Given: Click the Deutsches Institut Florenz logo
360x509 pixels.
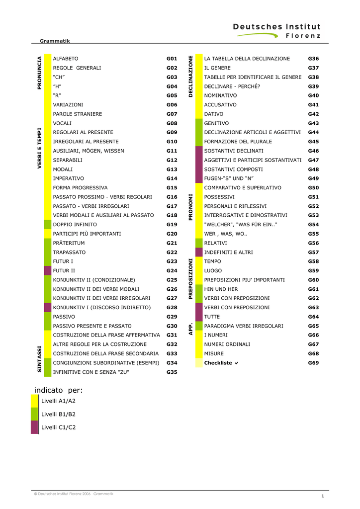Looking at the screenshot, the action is point(277,31).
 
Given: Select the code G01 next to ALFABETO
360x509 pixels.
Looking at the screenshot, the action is point(172,59).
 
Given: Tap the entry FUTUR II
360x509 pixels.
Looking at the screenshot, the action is point(64,271).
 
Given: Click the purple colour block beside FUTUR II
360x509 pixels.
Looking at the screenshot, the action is point(48,270).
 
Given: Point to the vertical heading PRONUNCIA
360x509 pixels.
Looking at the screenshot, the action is point(39,73).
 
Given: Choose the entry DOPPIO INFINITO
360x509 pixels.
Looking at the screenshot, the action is point(75,225).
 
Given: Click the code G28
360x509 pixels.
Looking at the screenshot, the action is point(172,307).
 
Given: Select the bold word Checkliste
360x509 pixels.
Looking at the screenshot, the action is point(218,363).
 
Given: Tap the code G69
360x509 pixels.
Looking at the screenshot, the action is point(313,363).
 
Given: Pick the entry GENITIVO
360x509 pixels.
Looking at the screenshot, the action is point(216,123).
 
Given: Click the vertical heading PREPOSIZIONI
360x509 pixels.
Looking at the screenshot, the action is point(190,279).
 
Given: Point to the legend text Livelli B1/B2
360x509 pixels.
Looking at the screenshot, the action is point(58,414).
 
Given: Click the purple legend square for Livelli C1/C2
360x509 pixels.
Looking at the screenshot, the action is point(34,427).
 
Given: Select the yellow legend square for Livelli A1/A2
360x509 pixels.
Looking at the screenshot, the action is point(34,401).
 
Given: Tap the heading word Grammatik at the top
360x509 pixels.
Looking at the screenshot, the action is point(55,41).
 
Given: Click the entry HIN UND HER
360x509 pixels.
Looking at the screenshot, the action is point(221,289).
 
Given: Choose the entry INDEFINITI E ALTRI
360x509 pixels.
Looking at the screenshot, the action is point(228,252).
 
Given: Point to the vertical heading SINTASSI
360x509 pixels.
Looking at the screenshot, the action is point(39,359).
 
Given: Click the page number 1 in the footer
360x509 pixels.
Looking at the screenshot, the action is point(323,496).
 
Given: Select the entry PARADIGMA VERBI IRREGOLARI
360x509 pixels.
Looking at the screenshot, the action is point(244,326).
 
